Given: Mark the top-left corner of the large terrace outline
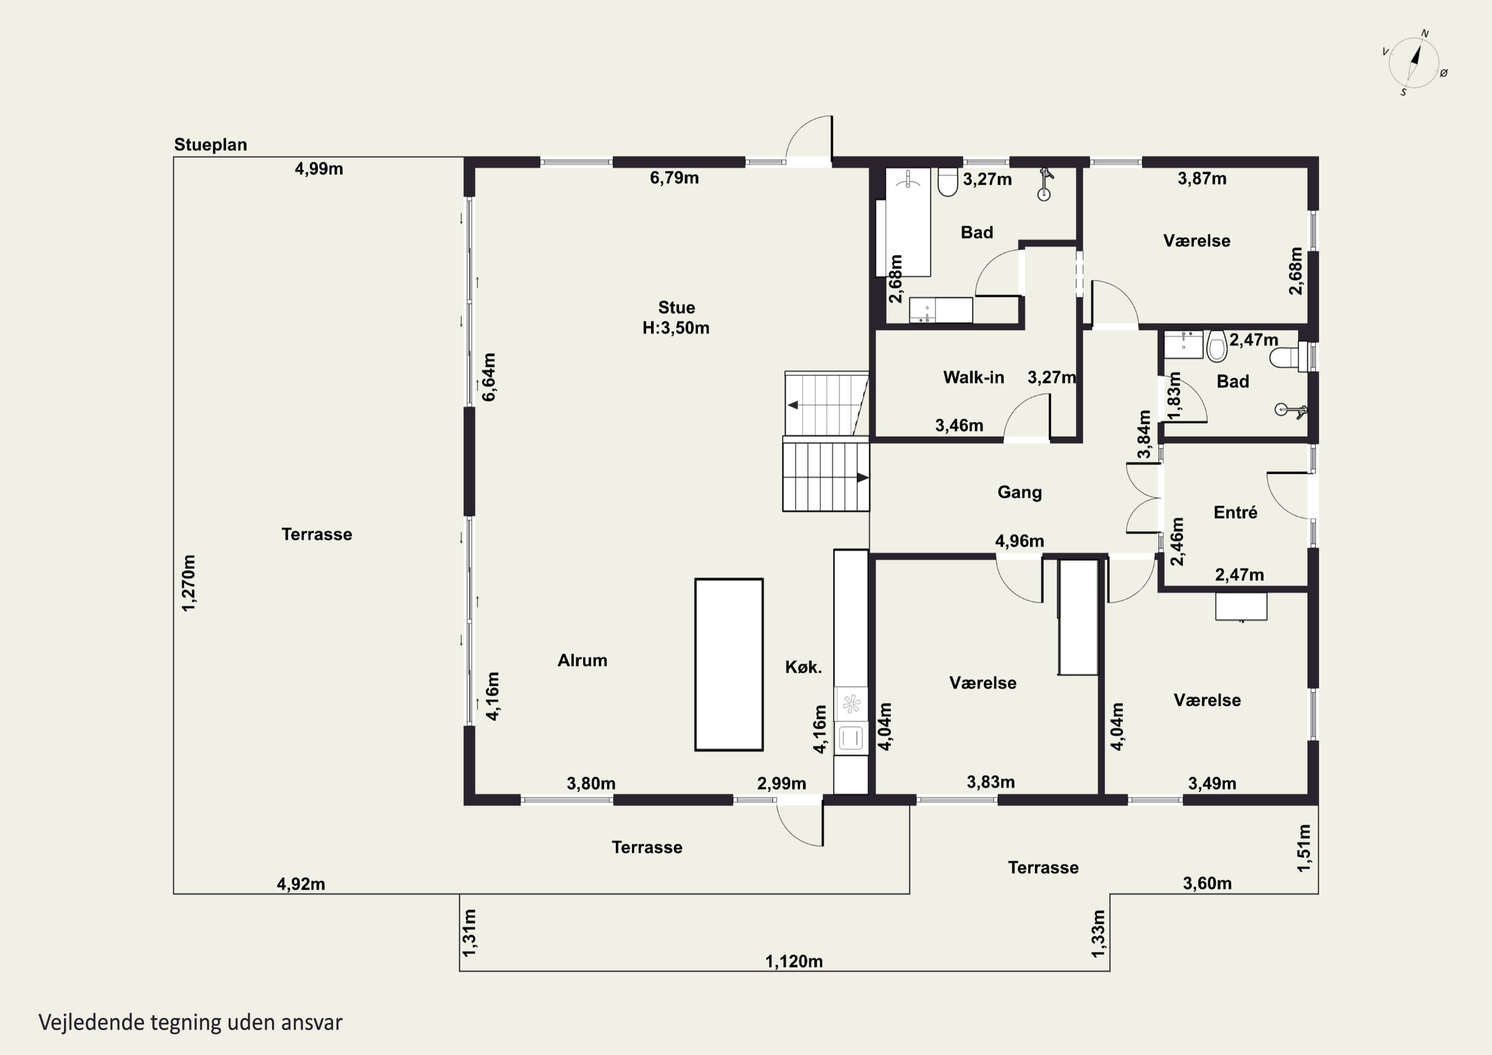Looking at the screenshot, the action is tap(174, 157).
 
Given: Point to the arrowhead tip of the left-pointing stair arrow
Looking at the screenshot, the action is tap(788, 405).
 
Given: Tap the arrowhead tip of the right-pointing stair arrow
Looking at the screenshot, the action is tap(869, 478).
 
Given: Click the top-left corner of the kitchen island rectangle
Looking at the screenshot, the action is tap(695, 579).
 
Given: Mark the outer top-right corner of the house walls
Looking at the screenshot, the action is tap(1318, 157).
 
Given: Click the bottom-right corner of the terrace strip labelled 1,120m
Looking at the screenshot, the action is tap(1109, 971).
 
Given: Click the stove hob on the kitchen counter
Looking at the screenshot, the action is tap(850, 704).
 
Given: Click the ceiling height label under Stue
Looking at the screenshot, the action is tap(676, 328).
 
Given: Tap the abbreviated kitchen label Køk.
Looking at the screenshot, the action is tap(803, 667).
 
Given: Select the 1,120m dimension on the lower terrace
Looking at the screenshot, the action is tap(793, 961).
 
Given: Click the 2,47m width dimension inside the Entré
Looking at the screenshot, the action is tap(1239, 575).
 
